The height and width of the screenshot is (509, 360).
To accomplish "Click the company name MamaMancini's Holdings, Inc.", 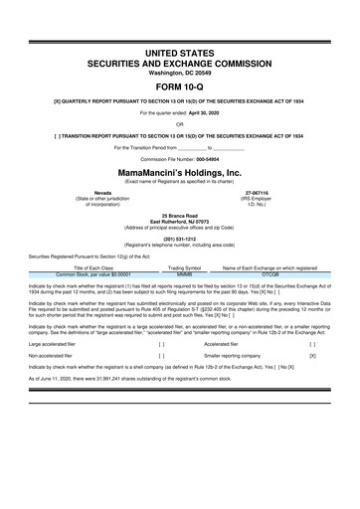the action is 180,171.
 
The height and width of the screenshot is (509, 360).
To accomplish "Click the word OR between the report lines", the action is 180,124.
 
